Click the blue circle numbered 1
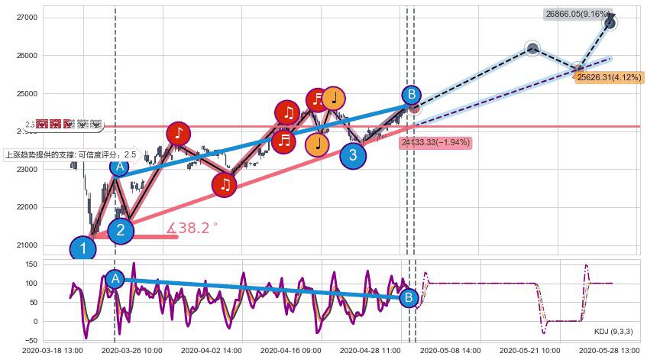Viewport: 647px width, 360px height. coord(82,248)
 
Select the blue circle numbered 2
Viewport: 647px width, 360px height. coord(121,230)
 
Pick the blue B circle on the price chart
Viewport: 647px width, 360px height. coord(411,95)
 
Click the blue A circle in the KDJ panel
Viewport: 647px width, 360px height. coord(115,279)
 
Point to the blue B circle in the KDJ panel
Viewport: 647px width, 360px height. coord(409,297)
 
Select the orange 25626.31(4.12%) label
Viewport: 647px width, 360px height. coord(609,77)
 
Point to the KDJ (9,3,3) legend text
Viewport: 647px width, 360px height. coord(615,331)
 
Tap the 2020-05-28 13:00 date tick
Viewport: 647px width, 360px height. coord(609,350)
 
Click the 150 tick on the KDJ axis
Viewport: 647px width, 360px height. coord(31,264)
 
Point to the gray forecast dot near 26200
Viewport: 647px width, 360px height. coord(532,49)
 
